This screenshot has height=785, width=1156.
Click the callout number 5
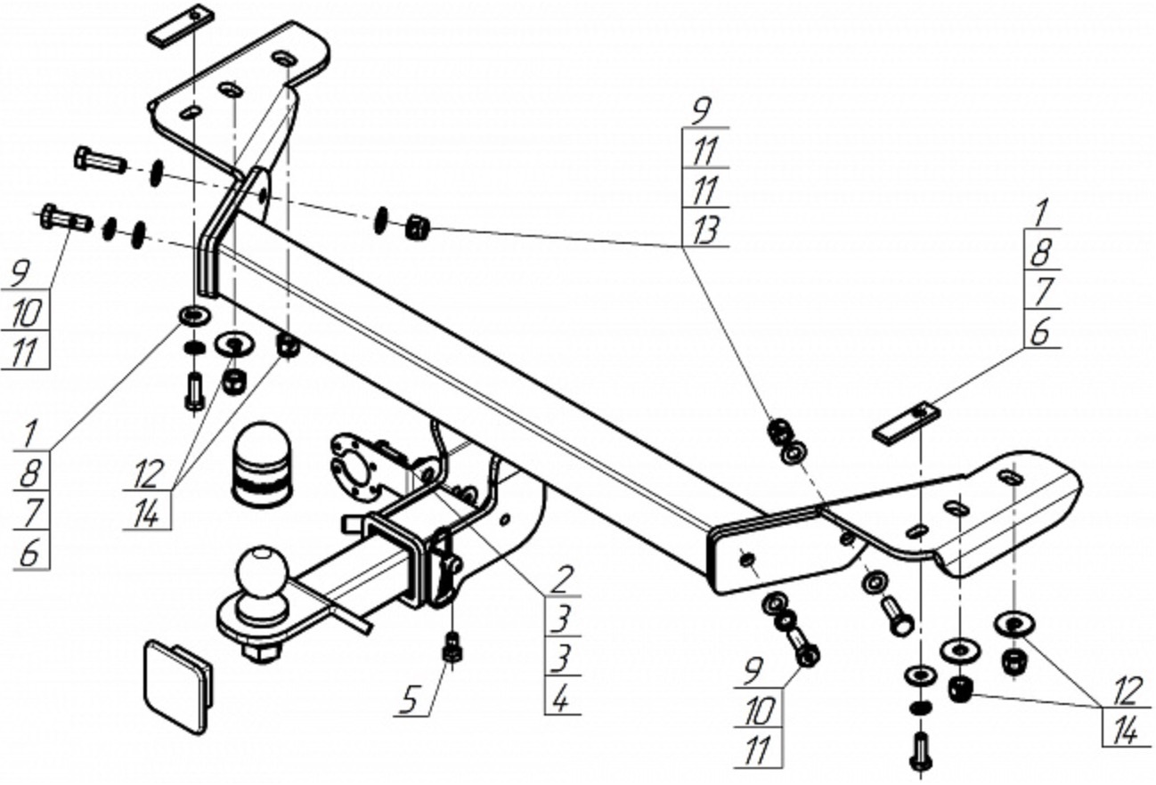410,699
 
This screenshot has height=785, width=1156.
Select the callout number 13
705,230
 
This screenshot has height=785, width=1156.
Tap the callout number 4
561,700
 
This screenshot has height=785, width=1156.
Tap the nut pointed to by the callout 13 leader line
418,228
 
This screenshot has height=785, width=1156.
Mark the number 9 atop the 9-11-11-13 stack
703,111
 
